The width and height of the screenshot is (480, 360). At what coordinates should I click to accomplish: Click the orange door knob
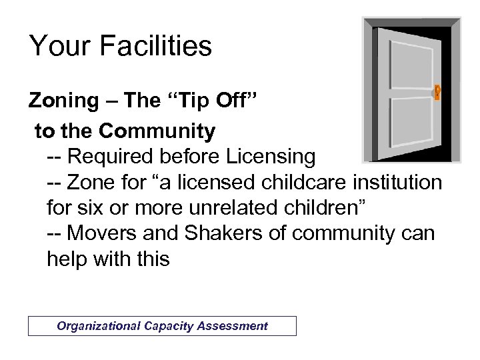437,92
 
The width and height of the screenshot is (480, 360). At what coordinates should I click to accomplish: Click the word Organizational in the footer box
97,326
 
